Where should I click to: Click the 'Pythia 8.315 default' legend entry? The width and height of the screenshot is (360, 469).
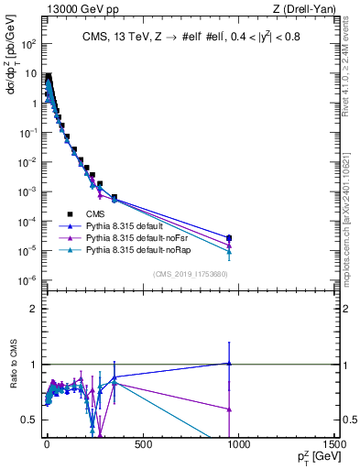(x=126, y=224)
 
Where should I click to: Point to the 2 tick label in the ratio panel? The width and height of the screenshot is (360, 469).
(x=31, y=309)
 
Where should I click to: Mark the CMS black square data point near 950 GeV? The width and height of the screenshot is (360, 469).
(x=228, y=238)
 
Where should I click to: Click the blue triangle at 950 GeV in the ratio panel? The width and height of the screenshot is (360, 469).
(x=228, y=363)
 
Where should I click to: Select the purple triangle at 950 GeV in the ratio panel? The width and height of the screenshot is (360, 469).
(x=228, y=409)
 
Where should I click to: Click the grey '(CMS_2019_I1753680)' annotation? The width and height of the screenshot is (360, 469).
(x=191, y=274)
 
